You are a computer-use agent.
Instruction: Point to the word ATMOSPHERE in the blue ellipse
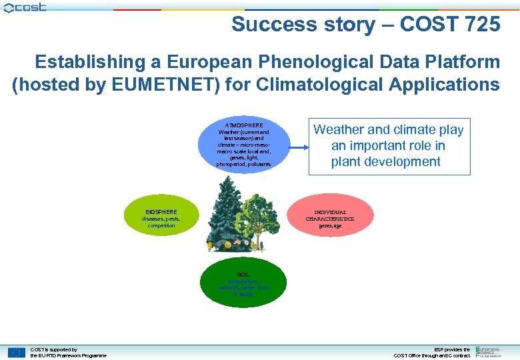pos(243,125)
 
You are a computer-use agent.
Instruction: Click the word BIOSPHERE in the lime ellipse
pos(161,212)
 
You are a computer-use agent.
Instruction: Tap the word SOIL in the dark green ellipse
pos(243,274)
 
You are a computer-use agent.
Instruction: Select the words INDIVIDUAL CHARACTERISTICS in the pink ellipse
pos(330,215)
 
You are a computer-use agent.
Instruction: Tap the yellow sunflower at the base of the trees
pos(211,246)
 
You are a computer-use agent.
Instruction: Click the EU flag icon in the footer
pos(17,352)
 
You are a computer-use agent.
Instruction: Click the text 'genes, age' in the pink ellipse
pos(330,226)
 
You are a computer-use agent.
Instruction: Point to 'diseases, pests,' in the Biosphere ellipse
pos(161,219)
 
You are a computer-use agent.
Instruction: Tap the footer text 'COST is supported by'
pos(54,349)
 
